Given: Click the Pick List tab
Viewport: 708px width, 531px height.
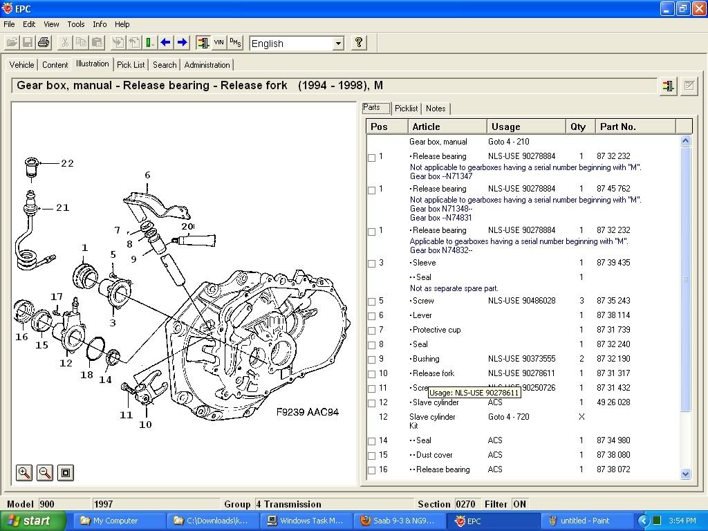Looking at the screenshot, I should (131, 65).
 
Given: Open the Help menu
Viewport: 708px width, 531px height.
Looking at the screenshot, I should (122, 24).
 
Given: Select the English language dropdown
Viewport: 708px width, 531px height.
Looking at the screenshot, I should (297, 44).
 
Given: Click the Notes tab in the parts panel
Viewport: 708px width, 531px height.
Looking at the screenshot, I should (436, 109).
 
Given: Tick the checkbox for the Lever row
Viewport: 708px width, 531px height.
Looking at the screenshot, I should (372, 316).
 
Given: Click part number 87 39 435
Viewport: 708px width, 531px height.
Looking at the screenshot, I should (613, 263).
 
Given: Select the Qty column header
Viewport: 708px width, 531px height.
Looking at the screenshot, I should (578, 127).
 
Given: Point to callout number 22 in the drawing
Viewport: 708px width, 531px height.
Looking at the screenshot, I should (67, 163).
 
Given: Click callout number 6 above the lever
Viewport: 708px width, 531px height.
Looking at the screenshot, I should (147, 176).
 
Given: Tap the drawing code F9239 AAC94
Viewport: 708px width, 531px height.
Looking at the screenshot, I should (308, 412).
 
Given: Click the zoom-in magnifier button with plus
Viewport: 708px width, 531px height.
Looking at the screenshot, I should (24, 473).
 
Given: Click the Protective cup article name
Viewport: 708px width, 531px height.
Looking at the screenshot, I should (436, 330).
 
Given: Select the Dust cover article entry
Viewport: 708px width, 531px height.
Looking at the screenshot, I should (435, 455).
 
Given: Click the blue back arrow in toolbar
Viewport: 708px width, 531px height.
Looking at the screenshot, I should (165, 43).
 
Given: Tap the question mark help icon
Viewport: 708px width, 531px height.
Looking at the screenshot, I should (358, 43).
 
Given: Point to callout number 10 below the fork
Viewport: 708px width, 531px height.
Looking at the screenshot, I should (145, 425).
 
